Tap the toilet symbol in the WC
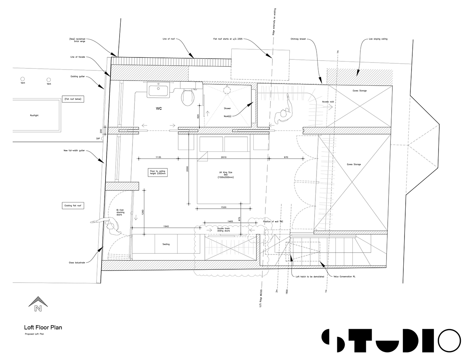(188, 96)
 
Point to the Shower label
(227, 108)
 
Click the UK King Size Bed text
(226, 175)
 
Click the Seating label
(166, 244)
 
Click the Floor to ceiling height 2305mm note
(158, 172)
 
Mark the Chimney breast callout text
(298, 39)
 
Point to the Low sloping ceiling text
(378, 39)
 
